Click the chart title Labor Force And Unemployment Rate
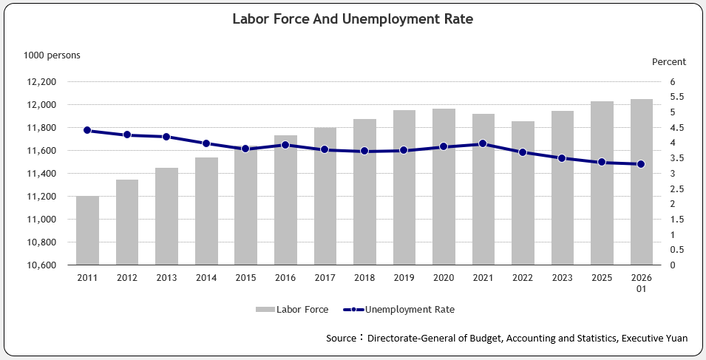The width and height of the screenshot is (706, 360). coord(353,20)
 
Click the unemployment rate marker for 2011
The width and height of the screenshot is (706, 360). coord(87,130)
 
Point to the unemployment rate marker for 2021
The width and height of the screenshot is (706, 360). coord(483,143)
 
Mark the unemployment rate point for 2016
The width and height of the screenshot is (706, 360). coord(285,145)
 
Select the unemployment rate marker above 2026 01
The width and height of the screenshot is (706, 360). coord(642,164)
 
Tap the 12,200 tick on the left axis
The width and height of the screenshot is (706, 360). coord(40,82)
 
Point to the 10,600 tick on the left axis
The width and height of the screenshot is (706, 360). coord(40,265)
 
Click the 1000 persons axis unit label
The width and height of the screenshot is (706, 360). coord(52,55)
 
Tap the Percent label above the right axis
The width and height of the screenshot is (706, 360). coord(668,62)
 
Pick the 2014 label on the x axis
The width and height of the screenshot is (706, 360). coord(206,277)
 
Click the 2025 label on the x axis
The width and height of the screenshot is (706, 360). coord(602,277)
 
